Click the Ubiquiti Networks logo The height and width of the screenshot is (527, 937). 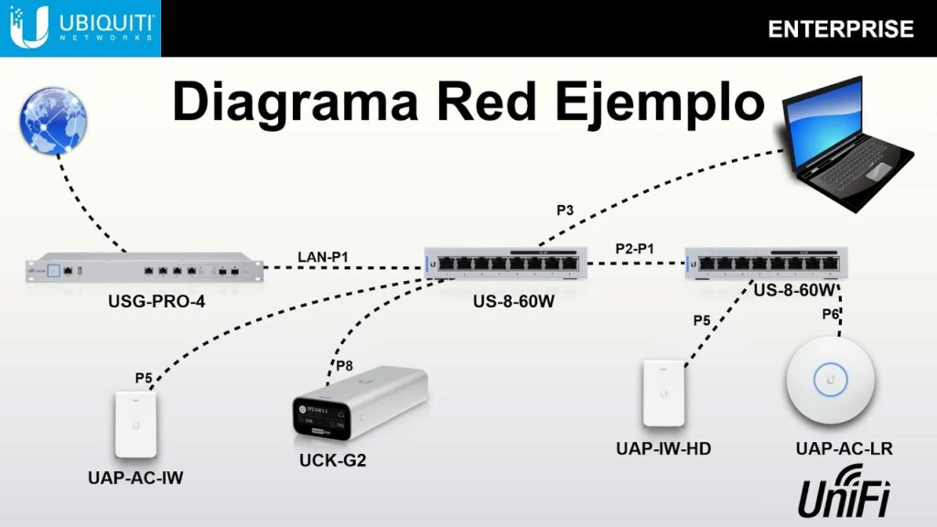click(81, 27)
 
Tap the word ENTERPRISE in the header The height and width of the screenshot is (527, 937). click(840, 29)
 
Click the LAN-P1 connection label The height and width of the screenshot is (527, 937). click(322, 255)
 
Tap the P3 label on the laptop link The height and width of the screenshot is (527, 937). click(565, 210)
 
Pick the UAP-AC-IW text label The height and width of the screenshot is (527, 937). click(135, 478)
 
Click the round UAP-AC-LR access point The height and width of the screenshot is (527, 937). click(831, 382)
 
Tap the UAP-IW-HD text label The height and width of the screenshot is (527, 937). click(663, 448)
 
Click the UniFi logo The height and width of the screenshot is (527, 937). click(844, 494)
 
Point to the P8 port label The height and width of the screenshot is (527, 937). click(343, 366)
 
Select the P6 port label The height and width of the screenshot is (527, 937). click(830, 314)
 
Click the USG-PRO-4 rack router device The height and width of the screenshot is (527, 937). click(141, 270)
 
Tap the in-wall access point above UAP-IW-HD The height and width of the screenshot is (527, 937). click(663, 393)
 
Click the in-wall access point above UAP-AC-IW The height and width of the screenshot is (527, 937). click(136, 425)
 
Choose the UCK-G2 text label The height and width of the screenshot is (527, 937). click(332, 460)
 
